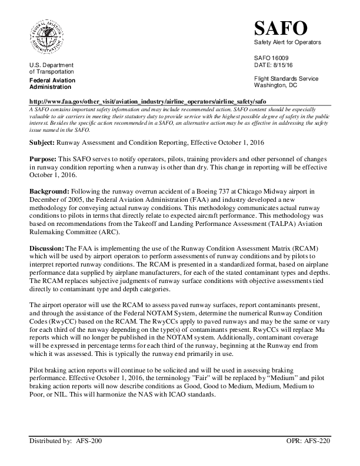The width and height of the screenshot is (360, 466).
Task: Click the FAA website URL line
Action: click(147, 101)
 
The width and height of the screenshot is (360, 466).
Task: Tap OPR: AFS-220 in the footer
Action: click(308, 456)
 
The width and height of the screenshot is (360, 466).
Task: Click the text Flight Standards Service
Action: click(286, 78)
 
